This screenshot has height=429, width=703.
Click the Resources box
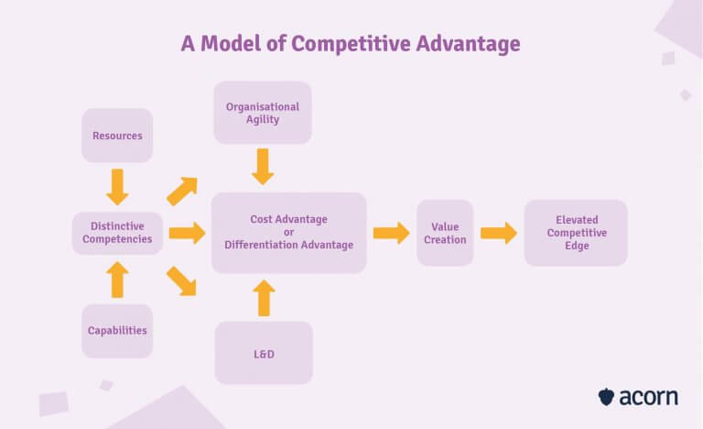click(x=117, y=136)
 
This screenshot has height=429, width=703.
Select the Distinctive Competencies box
click(x=117, y=233)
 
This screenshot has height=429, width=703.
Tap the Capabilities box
click(x=117, y=331)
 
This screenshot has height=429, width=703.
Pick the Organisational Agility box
click(x=263, y=113)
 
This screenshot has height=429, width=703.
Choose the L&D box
click(x=264, y=352)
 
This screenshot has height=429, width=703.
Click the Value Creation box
click(x=445, y=233)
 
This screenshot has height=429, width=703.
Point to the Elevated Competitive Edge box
click(x=576, y=233)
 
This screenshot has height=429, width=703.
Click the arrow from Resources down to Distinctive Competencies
click(x=117, y=186)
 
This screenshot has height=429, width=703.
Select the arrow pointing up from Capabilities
click(x=117, y=280)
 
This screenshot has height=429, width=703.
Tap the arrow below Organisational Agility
click(x=264, y=167)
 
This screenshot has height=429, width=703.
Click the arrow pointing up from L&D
click(x=264, y=298)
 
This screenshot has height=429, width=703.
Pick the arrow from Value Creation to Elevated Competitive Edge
click(x=499, y=233)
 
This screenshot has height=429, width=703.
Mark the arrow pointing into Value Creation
click(x=391, y=233)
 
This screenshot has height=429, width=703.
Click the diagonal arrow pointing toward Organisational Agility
click(x=182, y=191)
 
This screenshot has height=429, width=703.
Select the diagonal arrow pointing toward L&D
click(x=182, y=280)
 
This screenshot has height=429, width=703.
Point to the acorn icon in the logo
click(x=606, y=397)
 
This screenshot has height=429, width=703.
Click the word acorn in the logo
click(x=649, y=397)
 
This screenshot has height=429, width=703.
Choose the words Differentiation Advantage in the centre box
click(x=288, y=245)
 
